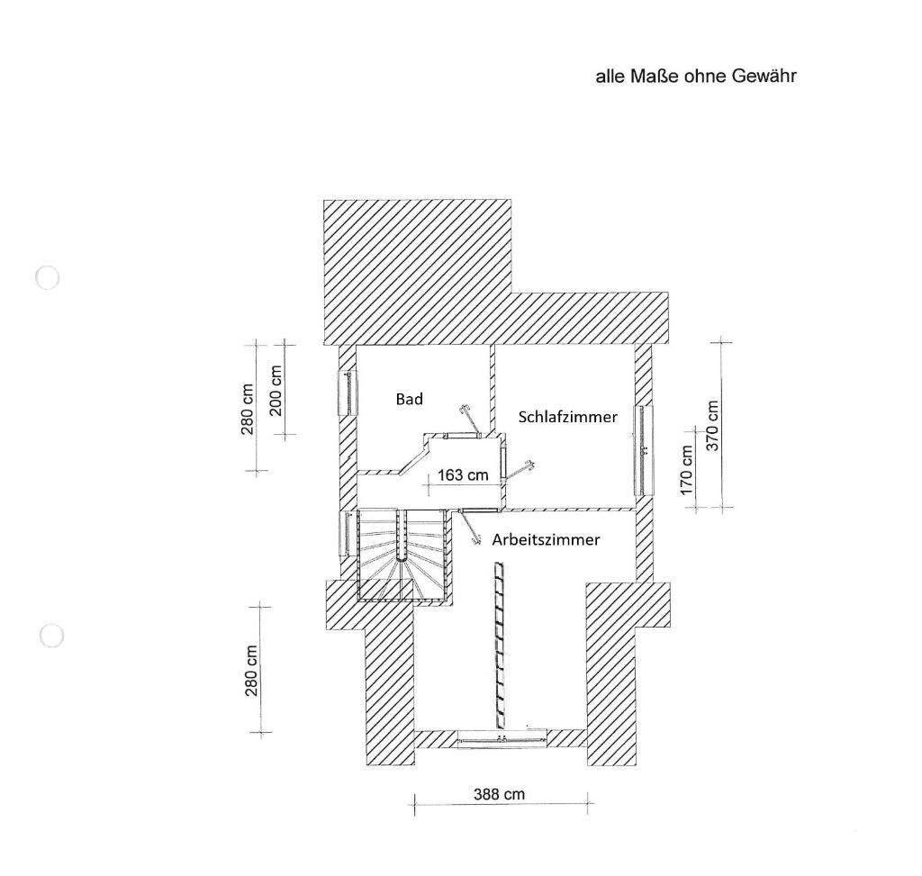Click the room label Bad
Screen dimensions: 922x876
point(410,398)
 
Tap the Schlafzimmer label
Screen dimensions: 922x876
point(567,417)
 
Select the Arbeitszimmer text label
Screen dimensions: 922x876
point(546,540)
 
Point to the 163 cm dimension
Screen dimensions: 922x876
point(463,474)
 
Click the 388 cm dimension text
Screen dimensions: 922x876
point(499,794)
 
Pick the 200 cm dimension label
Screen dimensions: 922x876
point(276,389)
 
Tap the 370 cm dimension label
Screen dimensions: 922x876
point(712,426)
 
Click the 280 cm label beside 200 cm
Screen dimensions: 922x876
point(248,409)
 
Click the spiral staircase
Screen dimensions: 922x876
point(402,556)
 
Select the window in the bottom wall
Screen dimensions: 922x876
point(502,739)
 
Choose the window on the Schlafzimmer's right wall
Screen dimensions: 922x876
point(643,449)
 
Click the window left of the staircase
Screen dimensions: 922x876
point(346,532)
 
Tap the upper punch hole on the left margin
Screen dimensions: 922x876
point(47,277)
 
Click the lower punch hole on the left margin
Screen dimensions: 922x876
point(51,636)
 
